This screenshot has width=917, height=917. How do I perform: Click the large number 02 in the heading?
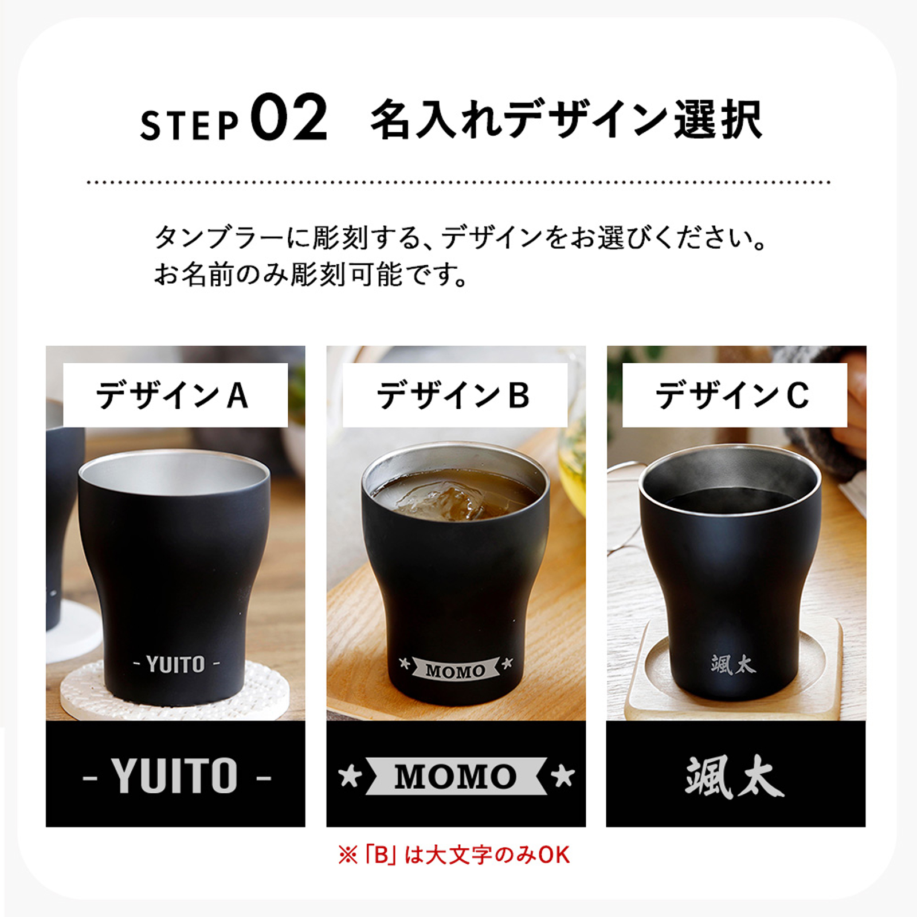pyautogui.click(x=289, y=117)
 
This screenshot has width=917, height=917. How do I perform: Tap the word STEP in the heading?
pyautogui.click(x=189, y=125)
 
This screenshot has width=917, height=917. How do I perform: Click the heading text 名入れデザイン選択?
pyautogui.click(x=566, y=120)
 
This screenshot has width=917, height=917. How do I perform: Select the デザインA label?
pyautogui.click(x=173, y=395)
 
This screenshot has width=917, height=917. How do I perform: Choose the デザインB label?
pyautogui.click(x=453, y=395)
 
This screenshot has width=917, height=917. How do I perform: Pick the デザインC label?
pyautogui.click(x=732, y=395)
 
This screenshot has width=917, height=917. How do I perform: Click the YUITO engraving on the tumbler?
pyautogui.click(x=176, y=664)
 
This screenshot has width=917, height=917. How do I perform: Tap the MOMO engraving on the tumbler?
pyautogui.click(x=456, y=669)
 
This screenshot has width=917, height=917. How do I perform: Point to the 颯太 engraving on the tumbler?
pyautogui.click(x=734, y=665)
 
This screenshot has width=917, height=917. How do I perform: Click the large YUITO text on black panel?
pyautogui.click(x=176, y=776)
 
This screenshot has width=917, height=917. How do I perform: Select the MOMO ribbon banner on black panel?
pyautogui.click(x=456, y=777)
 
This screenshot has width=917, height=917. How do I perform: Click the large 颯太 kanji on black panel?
pyautogui.click(x=734, y=777)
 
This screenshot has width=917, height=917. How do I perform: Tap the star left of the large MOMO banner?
pyautogui.click(x=350, y=777)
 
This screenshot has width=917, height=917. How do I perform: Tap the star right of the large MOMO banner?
pyautogui.click(x=562, y=777)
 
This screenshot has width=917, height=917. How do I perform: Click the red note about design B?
pyautogui.click(x=454, y=855)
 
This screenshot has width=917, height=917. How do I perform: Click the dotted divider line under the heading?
pyautogui.click(x=458, y=182)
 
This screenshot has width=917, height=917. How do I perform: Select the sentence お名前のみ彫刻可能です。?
pyautogui.click(x=311, y=275)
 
